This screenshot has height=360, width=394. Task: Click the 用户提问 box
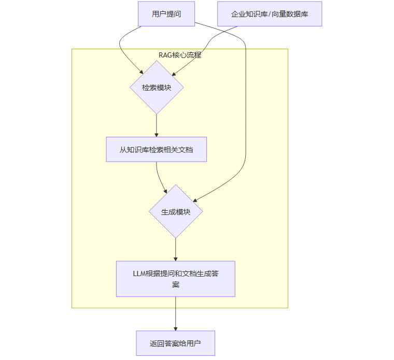point(166,14)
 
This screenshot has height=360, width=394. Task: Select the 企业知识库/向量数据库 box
point(270,14)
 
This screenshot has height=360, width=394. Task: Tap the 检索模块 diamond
point(157,88)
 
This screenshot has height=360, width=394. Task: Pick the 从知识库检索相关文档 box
point(157,150)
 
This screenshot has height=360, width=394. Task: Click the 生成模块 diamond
point(176,211)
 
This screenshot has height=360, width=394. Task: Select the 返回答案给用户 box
point(175,343)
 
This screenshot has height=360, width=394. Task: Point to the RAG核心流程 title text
point(179,55)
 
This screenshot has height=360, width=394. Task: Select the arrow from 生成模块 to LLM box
point(176,250)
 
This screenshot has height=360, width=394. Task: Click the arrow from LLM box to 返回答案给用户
point(176,314)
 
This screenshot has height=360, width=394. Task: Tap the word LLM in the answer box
point(139,273)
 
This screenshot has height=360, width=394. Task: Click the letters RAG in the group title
point(165,55)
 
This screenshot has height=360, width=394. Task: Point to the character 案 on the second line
point(176,284)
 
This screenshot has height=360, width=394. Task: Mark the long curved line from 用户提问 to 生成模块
point(245,104)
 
